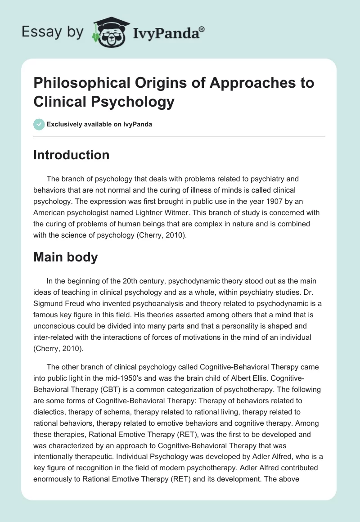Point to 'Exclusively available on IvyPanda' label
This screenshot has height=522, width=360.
pos(99,124)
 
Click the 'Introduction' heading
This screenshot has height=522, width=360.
pos(72,155)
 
